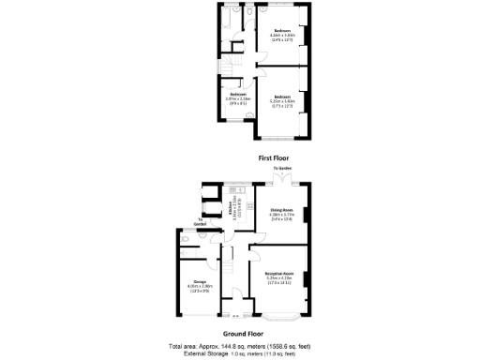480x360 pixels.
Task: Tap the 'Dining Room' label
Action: pyautogui.click(x=282, y=209)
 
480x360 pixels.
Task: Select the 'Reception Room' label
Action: pyautogui.click(x=281, y=273)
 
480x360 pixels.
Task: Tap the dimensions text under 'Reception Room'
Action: pyautogui.click(x=281, y=280)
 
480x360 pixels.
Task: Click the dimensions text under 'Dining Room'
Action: pyautogui.click(x=282, y=217)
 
